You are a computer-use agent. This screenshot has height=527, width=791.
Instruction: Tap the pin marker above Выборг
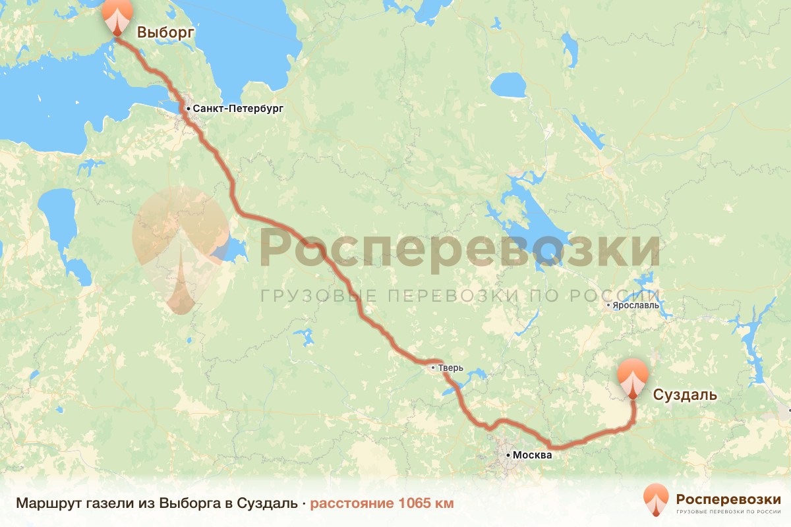pyautogui.click(x=118, y=17)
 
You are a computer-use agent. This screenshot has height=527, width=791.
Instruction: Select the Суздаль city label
pyautogui.click(x=684, y=395)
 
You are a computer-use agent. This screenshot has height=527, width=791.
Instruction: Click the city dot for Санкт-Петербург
pyautogui.click(x=188, y=108)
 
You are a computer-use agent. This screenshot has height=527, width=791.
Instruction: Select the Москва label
pyautogui.click(x=531, y=455)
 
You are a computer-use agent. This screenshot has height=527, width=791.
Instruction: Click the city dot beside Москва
pyautogui.click(x=508, y=455)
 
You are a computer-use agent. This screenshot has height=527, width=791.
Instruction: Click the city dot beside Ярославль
pyautogui.click(x=608, y=305)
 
